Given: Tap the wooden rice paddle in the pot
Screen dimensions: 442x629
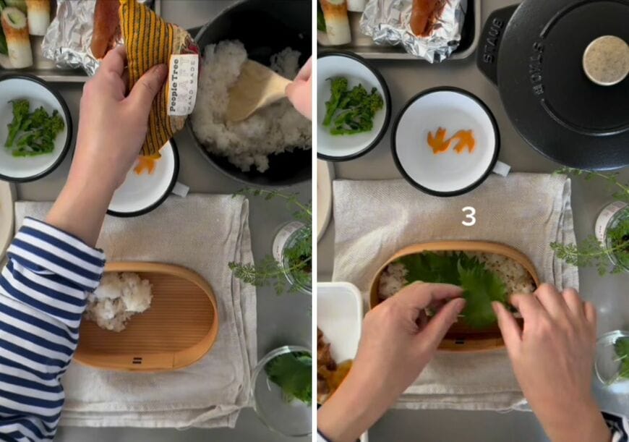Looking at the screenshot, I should (x=254, y=90).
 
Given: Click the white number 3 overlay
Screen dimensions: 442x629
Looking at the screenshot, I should (x=468, y=216).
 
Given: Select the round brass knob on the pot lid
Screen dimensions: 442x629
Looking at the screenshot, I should (x=605, y=59).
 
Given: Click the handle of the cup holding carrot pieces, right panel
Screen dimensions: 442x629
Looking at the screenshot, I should (x=500, y=169).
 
